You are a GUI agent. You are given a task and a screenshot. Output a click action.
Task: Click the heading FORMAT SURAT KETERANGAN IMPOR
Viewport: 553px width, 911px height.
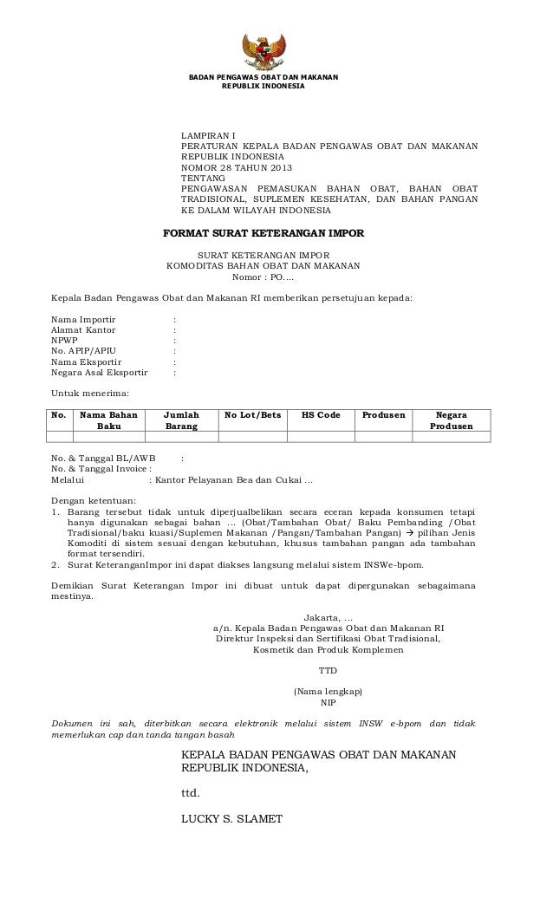(264, 233)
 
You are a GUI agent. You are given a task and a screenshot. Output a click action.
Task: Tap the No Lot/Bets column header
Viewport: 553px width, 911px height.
(252, 415)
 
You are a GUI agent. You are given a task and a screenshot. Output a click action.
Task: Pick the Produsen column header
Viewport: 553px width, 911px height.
(383, 415)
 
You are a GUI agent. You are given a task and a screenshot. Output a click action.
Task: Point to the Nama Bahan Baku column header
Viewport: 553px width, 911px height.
(109, 421)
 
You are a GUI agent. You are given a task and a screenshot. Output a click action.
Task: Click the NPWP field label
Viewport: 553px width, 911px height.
(65, 341)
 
